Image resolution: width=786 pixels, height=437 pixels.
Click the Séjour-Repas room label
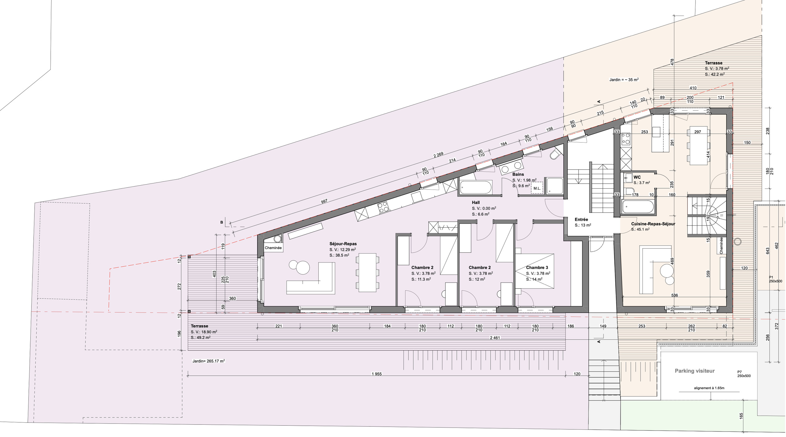point(343,244)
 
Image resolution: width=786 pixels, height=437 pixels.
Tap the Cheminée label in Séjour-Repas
point(273,248)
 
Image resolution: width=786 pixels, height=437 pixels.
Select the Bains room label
point(518,174)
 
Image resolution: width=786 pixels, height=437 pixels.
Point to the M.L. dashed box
point(537,188)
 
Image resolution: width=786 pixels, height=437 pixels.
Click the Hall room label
point(476,202)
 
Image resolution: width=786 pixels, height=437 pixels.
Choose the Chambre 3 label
point(537,267)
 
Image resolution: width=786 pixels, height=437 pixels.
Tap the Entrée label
point(581,219)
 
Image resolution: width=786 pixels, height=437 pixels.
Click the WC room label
point(637,177)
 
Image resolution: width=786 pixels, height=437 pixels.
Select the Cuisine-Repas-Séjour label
point(653,224)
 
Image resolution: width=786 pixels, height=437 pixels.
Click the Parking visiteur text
point(695,371)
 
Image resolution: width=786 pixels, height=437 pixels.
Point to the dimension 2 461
point(495,338)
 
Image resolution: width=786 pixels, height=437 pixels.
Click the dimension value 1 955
point(377,374)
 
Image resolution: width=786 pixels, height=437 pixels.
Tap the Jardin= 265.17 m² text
point(208,361)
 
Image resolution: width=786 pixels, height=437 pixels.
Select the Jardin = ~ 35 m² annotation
point(624,80)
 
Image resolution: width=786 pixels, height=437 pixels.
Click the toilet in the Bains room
point(556,154)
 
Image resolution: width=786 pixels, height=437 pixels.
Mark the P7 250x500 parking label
point(744,374)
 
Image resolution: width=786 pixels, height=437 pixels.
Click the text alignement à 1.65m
point(709,388)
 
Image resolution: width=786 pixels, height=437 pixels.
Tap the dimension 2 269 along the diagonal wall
point(438,155)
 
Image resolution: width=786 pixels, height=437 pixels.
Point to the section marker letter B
point(221,222)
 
